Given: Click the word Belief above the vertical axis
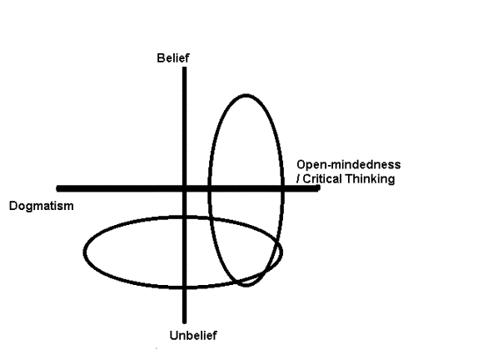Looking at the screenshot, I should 173,58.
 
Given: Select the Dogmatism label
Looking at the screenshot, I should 41,206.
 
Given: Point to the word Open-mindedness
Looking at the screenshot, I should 348,165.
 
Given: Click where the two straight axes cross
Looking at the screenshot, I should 184,189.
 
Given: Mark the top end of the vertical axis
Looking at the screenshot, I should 184,68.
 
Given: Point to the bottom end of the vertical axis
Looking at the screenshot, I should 184,322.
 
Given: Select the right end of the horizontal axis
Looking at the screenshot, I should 318,189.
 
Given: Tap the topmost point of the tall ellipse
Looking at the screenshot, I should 245,95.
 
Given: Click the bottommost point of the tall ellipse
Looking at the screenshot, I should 245,285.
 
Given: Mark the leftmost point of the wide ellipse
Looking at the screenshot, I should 84,251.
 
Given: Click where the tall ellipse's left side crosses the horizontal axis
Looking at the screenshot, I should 209,189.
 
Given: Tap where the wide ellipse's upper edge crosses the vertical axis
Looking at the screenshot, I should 184,217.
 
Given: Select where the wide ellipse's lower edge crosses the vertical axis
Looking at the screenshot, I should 184,286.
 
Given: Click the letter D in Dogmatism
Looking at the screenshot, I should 12,206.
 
